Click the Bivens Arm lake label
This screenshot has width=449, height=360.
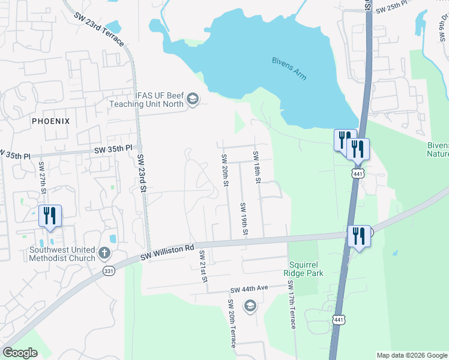click(289, 65)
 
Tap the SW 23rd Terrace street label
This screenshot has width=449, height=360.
click(100, 29)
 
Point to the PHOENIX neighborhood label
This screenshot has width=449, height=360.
click(51, 121)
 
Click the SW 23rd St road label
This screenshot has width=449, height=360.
click(142, 172)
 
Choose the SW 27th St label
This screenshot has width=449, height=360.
click(42, 177)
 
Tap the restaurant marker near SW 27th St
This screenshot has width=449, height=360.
click(50, 216)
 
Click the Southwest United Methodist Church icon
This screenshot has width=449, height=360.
click(105, 253)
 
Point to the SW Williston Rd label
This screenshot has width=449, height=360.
click(168, 248)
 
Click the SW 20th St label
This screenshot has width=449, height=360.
click(225, 170)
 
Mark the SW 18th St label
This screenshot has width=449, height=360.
click(256, 167)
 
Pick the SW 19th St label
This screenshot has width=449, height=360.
click(244, 219)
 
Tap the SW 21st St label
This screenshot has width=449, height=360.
click(203, 266)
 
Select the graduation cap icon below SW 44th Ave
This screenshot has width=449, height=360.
click(250, 307)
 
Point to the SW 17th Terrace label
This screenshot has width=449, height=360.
click(292, 304)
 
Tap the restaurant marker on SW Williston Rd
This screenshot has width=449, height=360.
click(359, 236)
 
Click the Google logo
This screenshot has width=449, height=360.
click(20, 353)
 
